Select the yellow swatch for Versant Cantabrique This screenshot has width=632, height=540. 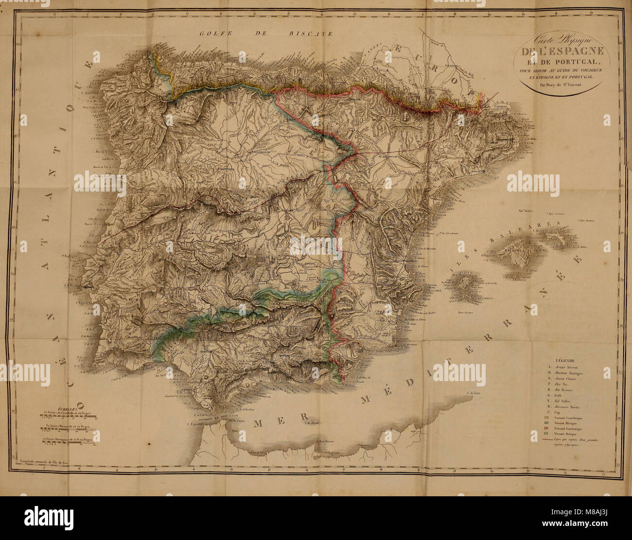(546, 417)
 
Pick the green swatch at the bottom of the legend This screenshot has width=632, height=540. (546, 433)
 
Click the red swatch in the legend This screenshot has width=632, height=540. (546, 428)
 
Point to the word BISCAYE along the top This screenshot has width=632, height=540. (310, 34)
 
